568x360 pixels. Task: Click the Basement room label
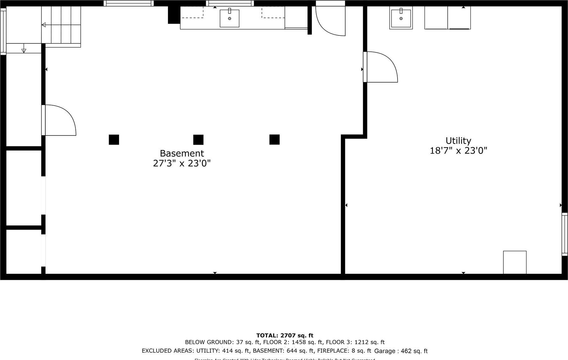182,153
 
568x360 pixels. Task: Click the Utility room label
458,141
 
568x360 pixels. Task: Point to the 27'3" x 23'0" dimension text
182,163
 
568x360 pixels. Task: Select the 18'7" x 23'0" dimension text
458,151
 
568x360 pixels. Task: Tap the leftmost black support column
114,140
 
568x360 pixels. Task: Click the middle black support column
198,140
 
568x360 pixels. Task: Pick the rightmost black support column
274,140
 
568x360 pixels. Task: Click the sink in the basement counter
230,18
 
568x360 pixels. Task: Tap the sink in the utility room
401,18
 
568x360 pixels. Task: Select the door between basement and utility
381,67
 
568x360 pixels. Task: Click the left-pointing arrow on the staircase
44,25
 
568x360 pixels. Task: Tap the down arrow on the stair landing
24,50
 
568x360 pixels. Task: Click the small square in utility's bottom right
514,262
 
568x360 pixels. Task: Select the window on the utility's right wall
565,234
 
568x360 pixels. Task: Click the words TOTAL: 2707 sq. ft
285,335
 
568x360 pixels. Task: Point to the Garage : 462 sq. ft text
401,351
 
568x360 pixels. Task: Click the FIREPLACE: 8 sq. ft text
344,351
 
